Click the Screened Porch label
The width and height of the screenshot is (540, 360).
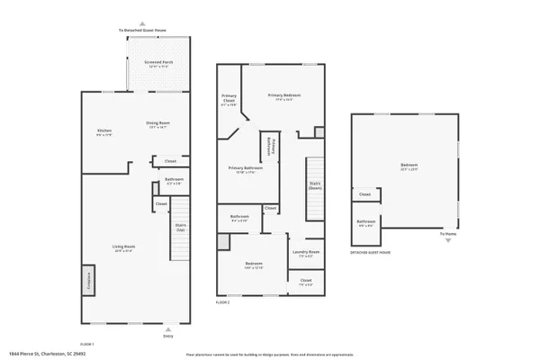pos(158,63)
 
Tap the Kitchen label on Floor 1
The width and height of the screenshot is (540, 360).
pos(104,131)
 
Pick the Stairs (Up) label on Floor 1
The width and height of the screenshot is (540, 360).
pos(180,228)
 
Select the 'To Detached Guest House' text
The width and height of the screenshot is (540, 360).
pos(142,30)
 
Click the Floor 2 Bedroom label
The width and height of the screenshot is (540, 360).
pos(253,265)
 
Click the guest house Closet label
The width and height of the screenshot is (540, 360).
pos(364,194)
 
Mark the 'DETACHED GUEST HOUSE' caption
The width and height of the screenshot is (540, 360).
pos(371,253)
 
